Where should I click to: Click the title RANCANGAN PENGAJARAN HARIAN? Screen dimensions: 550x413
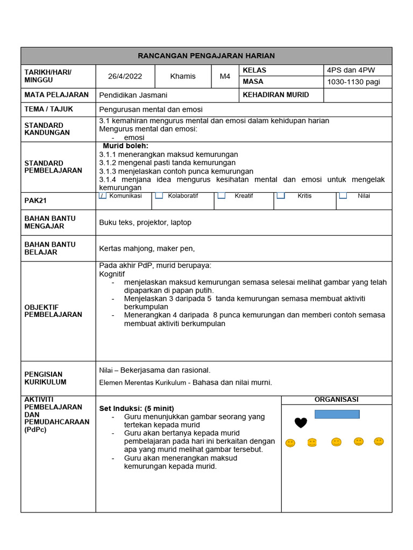pos(206,56)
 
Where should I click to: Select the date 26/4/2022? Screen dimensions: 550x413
pos(125,76)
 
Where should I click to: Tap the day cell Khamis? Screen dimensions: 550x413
pos(183,76)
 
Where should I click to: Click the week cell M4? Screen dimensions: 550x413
pos(225,76)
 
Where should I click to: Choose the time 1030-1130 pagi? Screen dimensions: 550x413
pos(353,82)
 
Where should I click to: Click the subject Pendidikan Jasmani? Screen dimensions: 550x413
pos(133,95)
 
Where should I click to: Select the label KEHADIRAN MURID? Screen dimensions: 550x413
pos(276,95)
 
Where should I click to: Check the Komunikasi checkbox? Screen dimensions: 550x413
pos(103,196)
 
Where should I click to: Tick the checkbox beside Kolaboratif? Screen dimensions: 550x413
pos(159,196)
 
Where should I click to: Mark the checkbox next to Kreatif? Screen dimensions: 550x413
pos(221,196)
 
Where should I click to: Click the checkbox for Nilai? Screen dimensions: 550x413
pos(343,196)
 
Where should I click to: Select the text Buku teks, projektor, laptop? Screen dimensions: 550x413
pos(145,222)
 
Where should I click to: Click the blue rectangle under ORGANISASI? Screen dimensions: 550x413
pos(337,414)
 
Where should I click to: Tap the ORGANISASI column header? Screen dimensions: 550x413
pos(336,400)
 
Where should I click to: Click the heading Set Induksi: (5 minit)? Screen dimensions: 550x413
pos(137,408)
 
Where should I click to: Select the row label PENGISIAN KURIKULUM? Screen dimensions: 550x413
pos(46,378)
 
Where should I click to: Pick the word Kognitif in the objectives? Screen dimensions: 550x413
pos(112,274)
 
